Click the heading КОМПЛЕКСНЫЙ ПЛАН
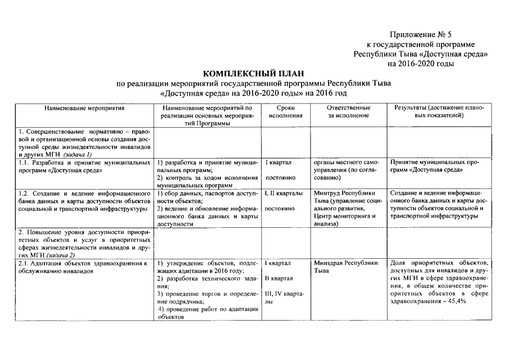[256, 74]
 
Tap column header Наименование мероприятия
[84, 107]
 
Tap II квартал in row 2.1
[278, 278]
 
